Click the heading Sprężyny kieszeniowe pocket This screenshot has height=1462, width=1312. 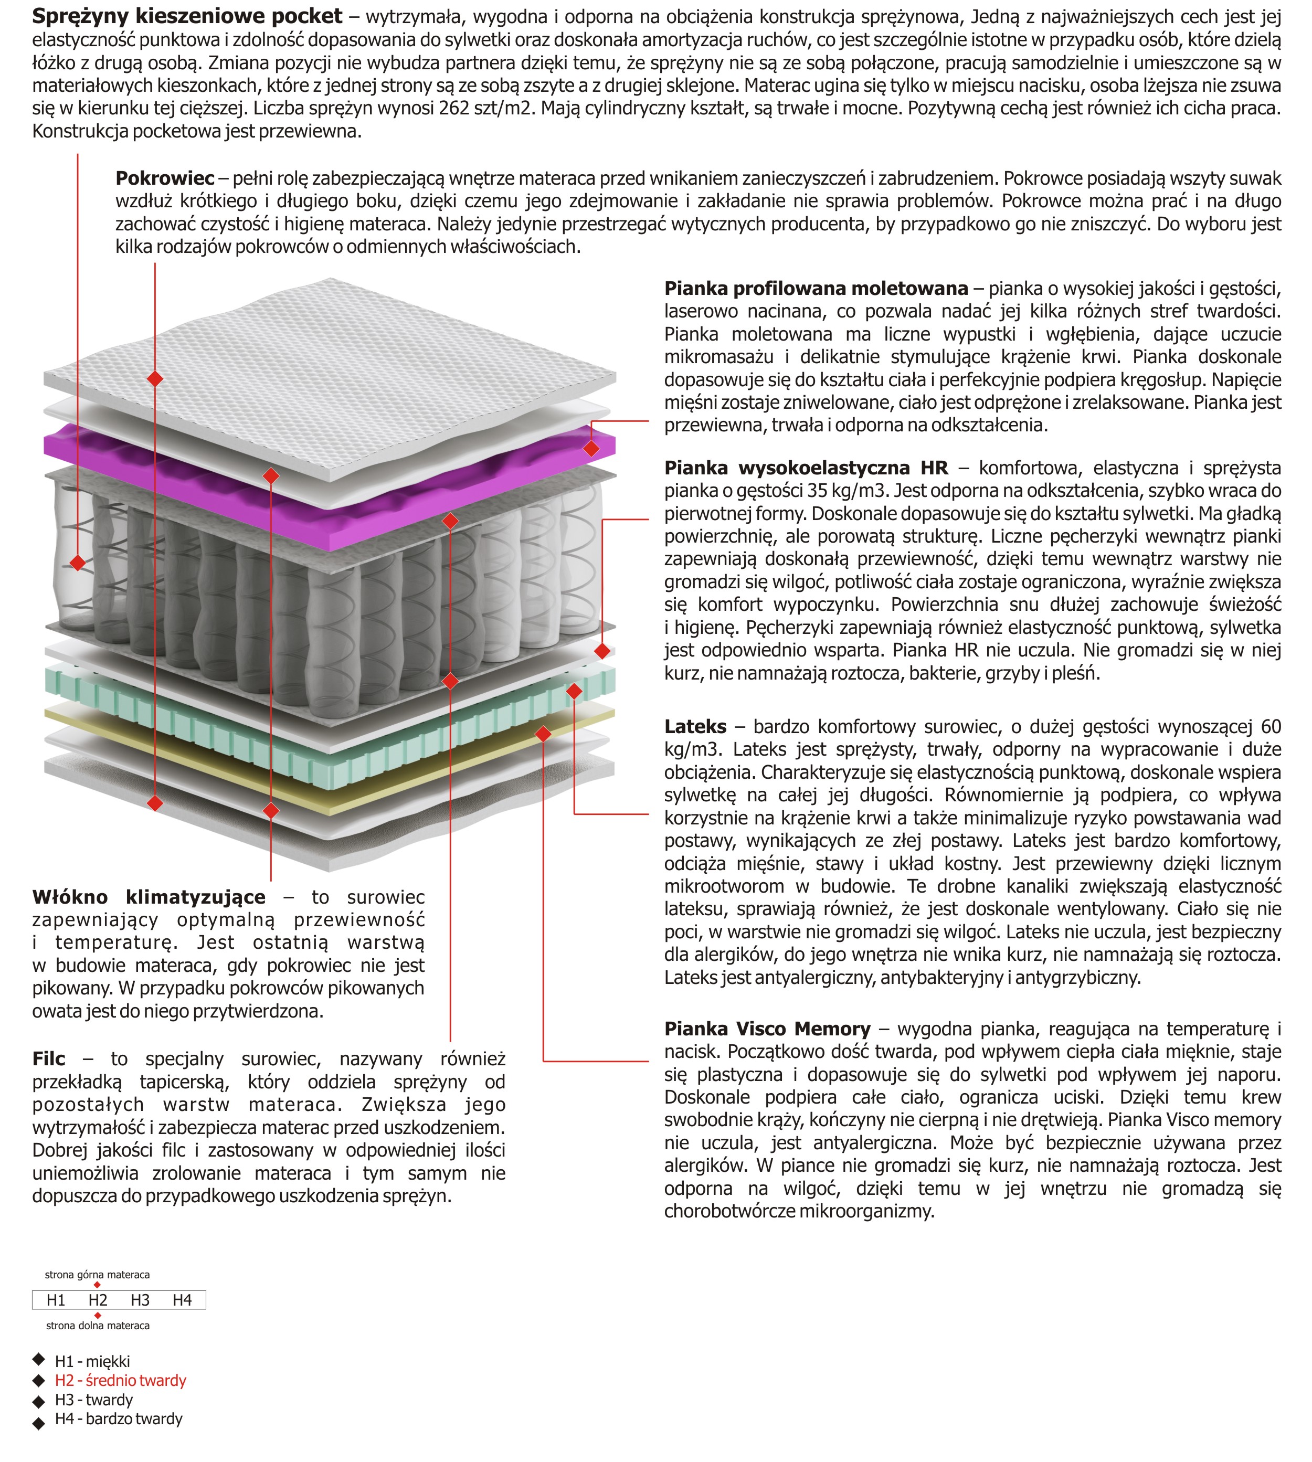coord(187,17)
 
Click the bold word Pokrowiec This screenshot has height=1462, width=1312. coord(165,178)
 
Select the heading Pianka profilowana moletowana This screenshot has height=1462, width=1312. coord(816,289)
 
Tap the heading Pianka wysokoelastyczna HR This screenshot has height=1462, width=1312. coord(806,468)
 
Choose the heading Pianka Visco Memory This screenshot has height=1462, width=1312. coord(767,1029)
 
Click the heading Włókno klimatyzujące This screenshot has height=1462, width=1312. coord(149,897)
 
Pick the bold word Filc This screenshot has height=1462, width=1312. coord(49,1058)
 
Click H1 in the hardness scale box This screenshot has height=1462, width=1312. coord(56,1300)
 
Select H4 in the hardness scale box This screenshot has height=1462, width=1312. coord(183,1300)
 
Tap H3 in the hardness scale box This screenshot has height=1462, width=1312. coord(140,1300)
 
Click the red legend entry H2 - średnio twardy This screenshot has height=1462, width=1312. coord(120,1380)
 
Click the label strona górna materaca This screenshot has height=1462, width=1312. coord(97,1275)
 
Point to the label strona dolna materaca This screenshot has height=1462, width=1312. coord(98,1325)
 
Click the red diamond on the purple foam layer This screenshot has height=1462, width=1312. coord(591,448)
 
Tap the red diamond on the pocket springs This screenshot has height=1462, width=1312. coord(78,563)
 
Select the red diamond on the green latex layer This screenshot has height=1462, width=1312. coord(574,691)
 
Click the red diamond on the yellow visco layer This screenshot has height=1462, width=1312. coord(544,733)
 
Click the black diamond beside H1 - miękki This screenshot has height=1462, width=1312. coord(39,1360)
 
